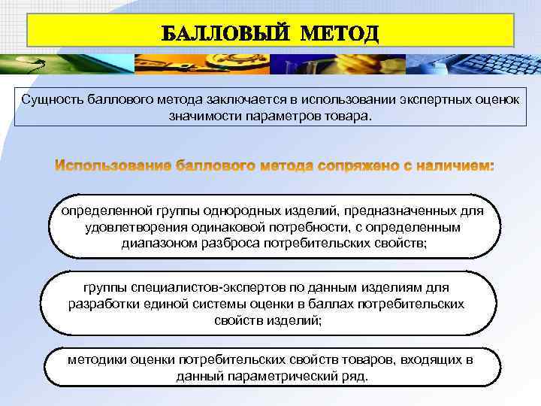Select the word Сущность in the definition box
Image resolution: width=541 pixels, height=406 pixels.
click(x=47, y=100)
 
